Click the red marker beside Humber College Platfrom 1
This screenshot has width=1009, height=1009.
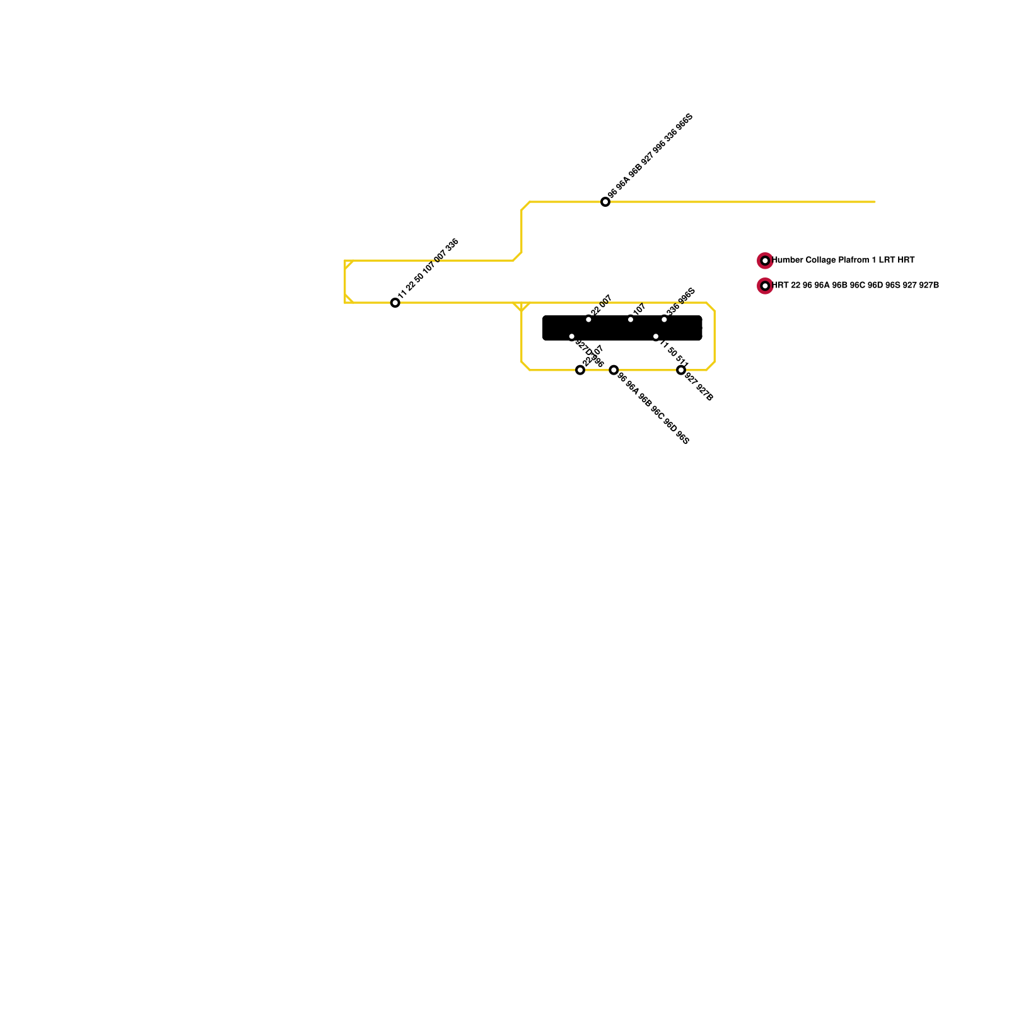[765, 260]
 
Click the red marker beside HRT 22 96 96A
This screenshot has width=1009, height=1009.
[765, 286]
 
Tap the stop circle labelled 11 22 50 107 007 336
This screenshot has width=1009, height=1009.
[395, 303]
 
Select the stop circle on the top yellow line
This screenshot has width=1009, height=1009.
[605, 202]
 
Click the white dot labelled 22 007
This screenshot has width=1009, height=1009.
[588, 319]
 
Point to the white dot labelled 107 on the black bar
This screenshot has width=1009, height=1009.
[631, 319]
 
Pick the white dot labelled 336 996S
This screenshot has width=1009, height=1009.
[664, 319]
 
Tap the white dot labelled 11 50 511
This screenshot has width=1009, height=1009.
[656, 337]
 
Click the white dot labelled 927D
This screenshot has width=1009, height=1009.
[572, 337]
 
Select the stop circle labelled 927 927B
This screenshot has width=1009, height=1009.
[680, 370]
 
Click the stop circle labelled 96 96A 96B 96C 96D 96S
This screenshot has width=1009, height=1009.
[614, 370]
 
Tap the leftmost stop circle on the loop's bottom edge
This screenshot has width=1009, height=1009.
[580, 370]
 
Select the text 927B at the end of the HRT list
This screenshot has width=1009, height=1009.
[928, 286]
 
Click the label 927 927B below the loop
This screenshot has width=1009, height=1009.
[699, 387]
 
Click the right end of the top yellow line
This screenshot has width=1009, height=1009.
[873, 202]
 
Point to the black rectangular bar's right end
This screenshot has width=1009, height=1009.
[700, 328]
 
